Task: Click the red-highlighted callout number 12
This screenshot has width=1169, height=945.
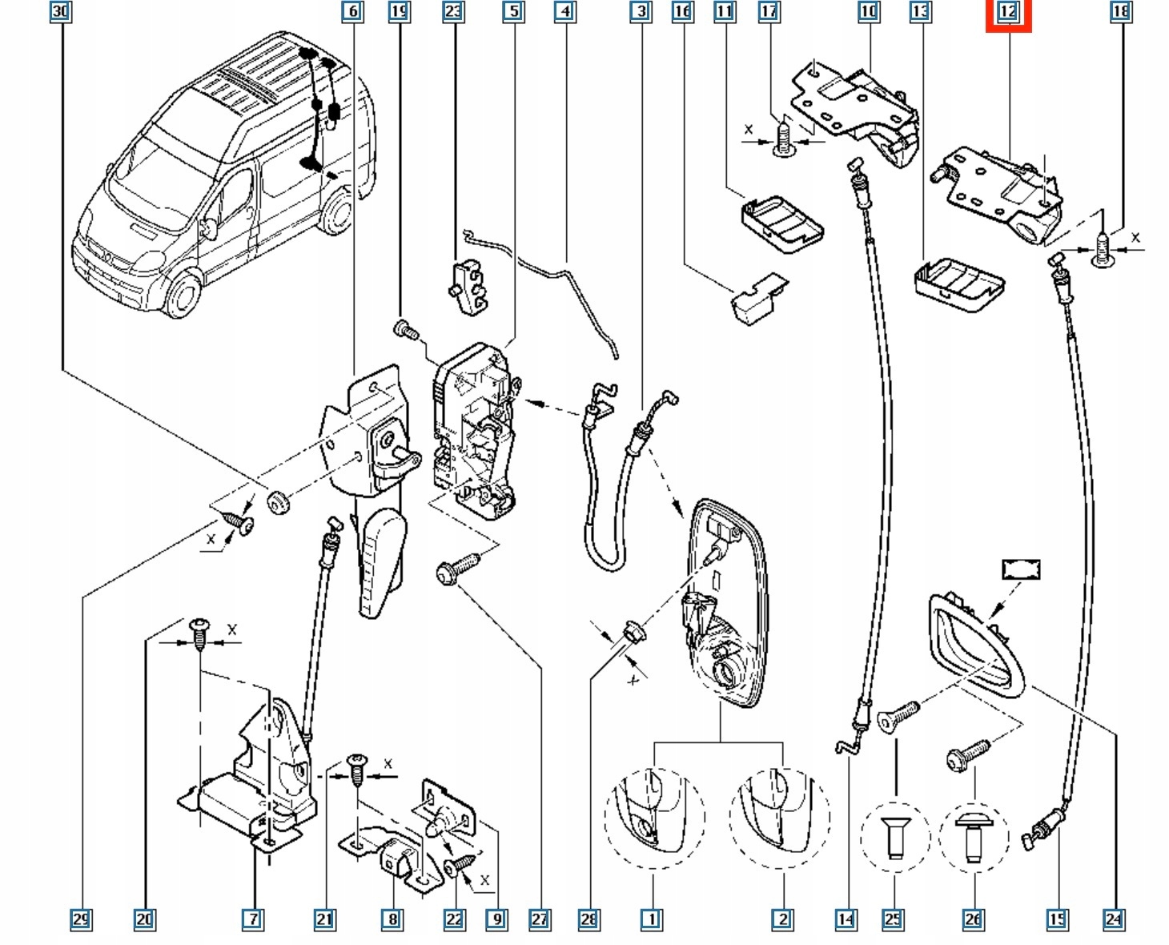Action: coord(1007,12)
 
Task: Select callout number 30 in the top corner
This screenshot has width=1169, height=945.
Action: coord(60,11)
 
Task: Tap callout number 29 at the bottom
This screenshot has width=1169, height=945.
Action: coord(81,919)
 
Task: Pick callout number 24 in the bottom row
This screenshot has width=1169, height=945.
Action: coord(1114,919)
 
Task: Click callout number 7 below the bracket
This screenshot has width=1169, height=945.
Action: coord(252,919)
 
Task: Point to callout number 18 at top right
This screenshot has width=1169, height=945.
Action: coord(1120,11)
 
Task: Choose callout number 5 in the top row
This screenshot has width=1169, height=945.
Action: coord(513,11)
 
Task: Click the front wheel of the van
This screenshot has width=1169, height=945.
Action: coord(184,293)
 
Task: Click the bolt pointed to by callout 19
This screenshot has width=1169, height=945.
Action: coord(404,328)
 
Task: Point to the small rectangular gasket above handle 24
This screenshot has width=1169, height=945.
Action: coord(1021,569)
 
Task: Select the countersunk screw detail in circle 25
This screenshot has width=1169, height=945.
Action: coord(894,836)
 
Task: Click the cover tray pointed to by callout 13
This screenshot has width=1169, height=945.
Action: coord(958,283)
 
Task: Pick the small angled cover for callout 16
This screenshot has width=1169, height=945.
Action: coord(757,298)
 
